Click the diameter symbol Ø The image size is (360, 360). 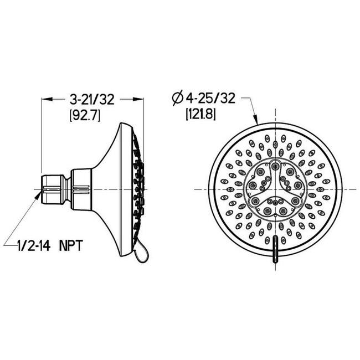[178, 99]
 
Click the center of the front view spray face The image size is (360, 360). [275, 188]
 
